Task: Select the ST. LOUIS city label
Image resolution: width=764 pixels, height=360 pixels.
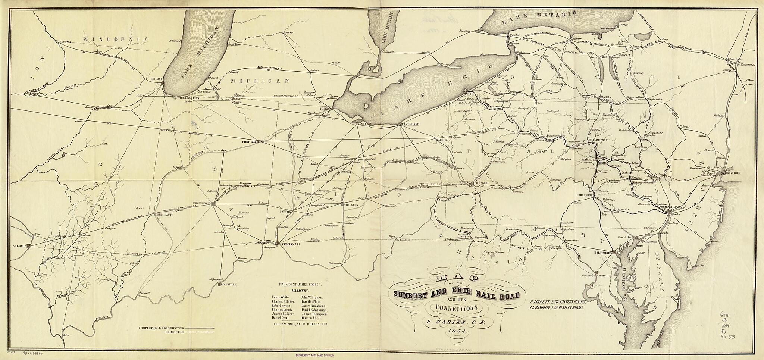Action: pos(20,245)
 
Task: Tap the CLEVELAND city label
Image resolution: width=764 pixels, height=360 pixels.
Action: pos(409,123)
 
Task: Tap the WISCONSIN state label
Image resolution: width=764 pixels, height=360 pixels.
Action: pos(115,39)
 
